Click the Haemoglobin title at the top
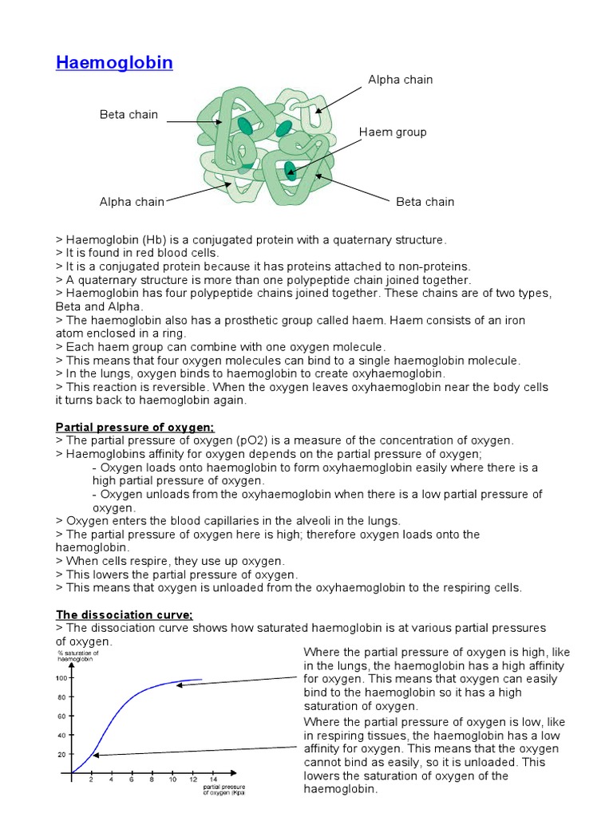pos(114,62)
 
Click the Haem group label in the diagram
pos(393,132)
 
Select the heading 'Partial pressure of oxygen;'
pos(135,428)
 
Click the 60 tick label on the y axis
pos(61,716)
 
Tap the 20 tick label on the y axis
pos(61,754)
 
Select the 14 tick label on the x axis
pos(212,780)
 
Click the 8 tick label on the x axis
pos(152,780)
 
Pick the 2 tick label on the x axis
pos(91,780)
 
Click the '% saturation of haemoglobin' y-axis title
pos(77,656)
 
